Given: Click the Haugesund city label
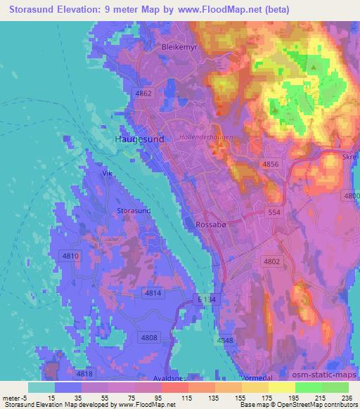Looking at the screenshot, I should (x=139, y=139).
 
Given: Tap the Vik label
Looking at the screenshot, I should (x=108, y=172).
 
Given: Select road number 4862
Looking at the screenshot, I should (x=143, y=93).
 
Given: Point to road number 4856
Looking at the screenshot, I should (x=271, y=164).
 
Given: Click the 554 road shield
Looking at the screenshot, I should (x=276, y=211).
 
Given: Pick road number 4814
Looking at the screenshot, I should (x=153, y=292).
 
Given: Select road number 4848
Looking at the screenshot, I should (x=225, y=341).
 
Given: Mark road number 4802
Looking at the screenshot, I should (x=271, y=261).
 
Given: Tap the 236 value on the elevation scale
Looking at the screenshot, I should (x=345, y=397).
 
